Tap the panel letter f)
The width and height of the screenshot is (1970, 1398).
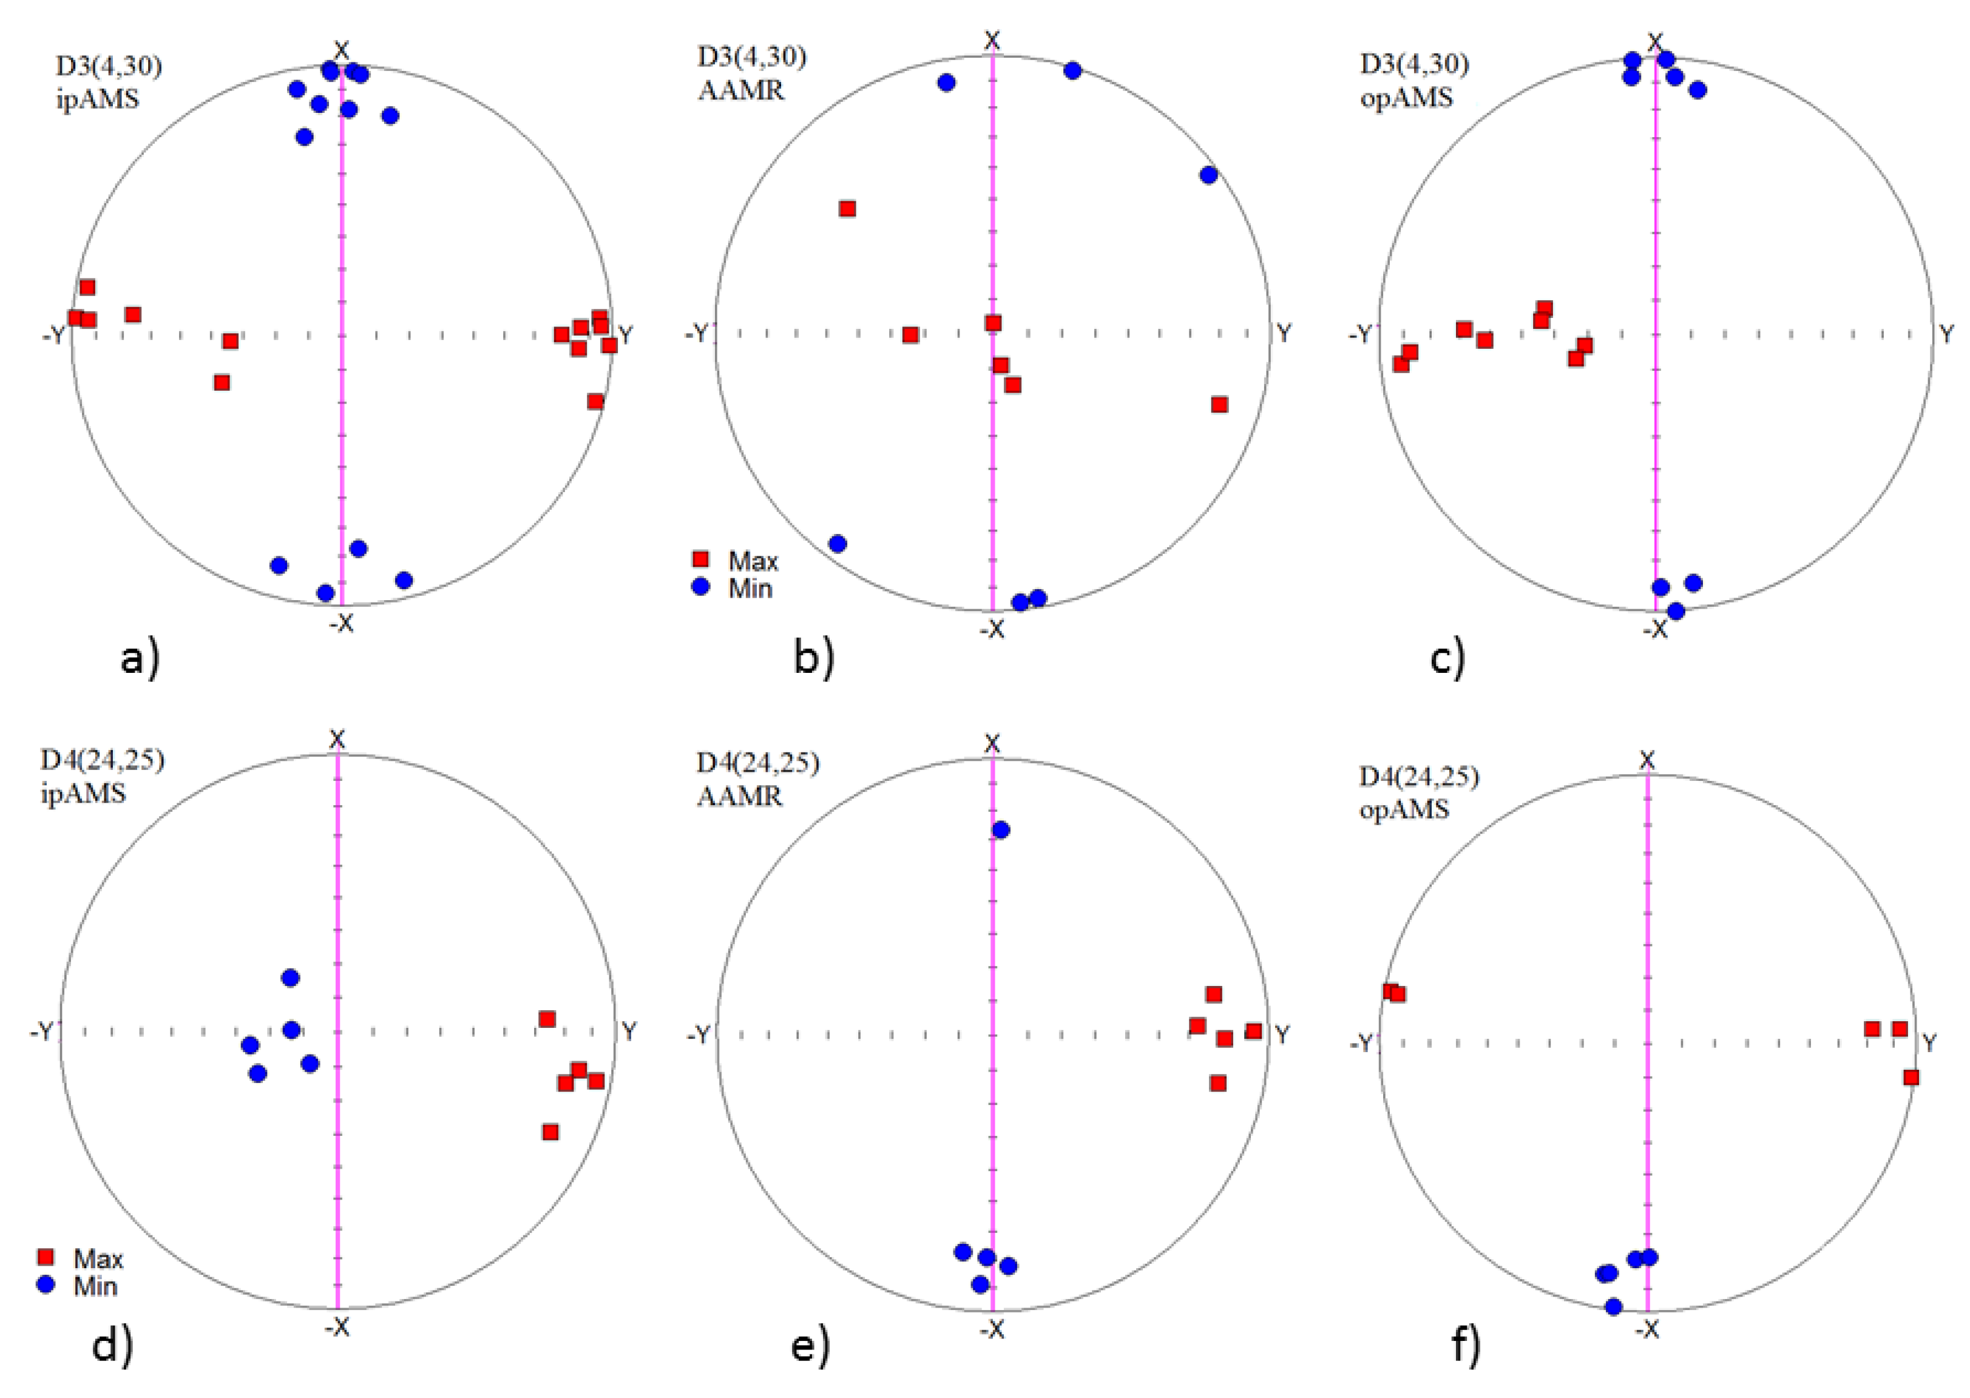pos(1466,1345)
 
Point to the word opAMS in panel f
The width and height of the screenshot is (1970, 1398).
pos(1404,809)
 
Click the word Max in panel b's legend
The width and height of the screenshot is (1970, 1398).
pos(753,561)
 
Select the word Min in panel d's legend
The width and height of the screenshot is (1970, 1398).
pos(95,1286)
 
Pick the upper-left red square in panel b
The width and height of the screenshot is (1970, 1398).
pos(847,208)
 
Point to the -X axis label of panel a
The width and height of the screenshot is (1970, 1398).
pos(341,623)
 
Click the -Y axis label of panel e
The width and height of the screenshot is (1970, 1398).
pos(699,1034)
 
